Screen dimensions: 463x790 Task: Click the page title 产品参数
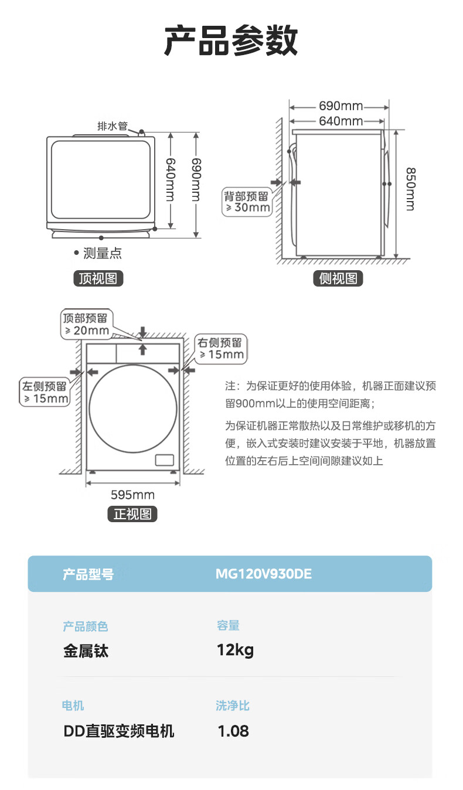pyautogui.click(x=231, y=40)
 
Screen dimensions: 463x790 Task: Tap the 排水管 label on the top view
pyautogui.click(x=113, y=126)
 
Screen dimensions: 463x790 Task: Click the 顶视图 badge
pyautogui.click(x=98, y=278)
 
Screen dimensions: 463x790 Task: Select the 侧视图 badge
pyautogui.click(x=338, y=278)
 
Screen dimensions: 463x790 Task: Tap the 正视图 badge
pyautogui.click(x=132, y=514)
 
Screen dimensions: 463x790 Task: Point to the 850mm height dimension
pyautogui.click(x=410, y=189)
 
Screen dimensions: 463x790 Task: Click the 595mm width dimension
pyautogui.click(x=132, y=495)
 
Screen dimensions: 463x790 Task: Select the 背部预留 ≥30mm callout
pyautogui.click(x=247, y=202)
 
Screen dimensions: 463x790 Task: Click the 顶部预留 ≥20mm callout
pyautogui.click(x=86, y=325)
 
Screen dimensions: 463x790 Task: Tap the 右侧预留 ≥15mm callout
pyautogui.click(x=221, y=349)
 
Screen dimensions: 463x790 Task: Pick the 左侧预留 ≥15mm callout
pyautogui.click(x=45, y=392)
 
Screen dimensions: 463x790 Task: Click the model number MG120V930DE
pyautogui.click(x=263, y=574)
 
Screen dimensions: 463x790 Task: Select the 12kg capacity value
pyautogui.click(x=235, y=650)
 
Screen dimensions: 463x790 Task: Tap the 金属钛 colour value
pyautogui.click(x=86, y=651)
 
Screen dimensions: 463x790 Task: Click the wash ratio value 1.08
pyautogui.click(x=233, y=731)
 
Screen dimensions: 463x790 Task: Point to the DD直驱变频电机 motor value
pyautogui.click(x=119, y=731)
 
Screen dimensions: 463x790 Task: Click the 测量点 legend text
pyautogui.click(x=102, y=253)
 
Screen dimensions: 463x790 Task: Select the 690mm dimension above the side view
pyautogui.click(x=341, y=106)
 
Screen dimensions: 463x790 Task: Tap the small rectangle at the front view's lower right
pyautogui.click(x=164, y=460)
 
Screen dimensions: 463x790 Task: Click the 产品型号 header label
pyautogui.click(x=88, y=574)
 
